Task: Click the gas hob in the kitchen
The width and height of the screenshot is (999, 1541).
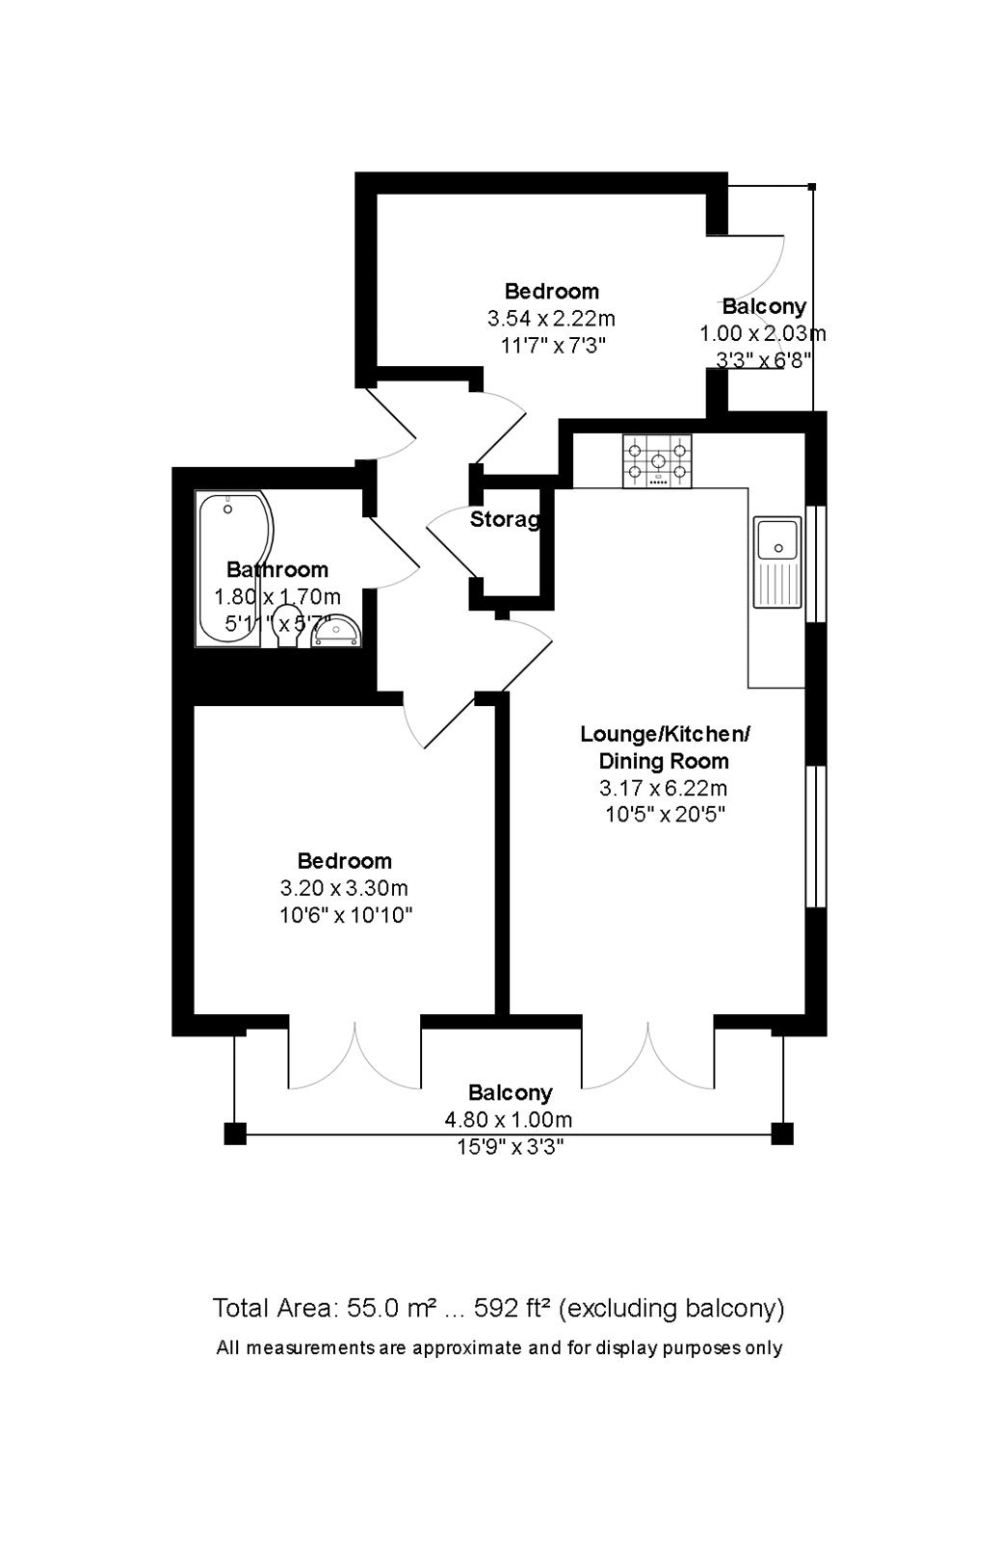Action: [x=657, y=461]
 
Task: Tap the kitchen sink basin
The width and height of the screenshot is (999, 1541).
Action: [x=778, y=539]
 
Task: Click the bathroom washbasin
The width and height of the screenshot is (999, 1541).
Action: [x=335, y=632]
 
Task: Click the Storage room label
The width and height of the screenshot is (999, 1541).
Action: [x=505, y=521]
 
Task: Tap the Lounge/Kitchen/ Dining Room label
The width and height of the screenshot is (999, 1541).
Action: [x=665, y=747]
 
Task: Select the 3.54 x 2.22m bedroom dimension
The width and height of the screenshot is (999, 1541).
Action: [x=551, y=318]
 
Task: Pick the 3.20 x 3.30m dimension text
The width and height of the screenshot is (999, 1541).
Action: [x=344, y=888]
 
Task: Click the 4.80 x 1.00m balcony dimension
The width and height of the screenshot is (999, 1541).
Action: [x=508, y=1120]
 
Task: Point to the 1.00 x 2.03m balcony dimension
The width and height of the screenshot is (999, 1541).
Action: [x=762, y=334]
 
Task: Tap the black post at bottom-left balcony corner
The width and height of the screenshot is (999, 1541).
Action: [x=235, y=1135]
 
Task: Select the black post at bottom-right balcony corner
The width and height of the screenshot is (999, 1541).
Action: [x=782, y=1135]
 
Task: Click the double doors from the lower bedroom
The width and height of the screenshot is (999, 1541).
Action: [x=355, y=1057]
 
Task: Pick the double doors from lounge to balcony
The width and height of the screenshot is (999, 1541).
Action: [x=647, y=1057]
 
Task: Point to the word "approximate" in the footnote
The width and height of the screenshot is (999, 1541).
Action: [x=469, y=1348]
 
